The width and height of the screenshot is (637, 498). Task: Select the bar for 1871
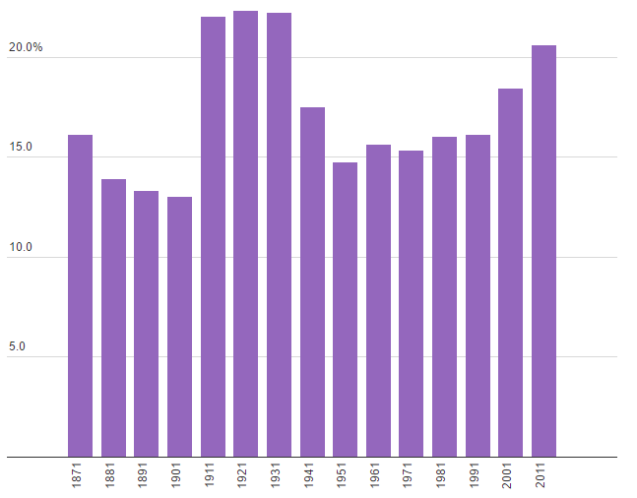[x=80, y=295]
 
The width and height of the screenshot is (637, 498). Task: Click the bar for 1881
[x=113, y=318]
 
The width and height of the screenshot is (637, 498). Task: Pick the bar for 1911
[x=213, y=236]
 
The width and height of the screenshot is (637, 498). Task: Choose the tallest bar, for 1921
[x=246, y=233]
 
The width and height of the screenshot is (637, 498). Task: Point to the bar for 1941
[x=312, y=281]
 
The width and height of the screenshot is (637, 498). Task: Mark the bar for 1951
[x=346, y=309]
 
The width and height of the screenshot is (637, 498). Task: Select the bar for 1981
[x=444, y=296]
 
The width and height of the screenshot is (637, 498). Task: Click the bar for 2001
[x=510, y=273]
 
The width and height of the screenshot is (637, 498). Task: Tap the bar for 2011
[x=543, y=251]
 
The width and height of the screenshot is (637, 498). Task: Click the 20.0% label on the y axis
[x=26, y=47]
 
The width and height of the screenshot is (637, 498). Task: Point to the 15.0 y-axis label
[x=21, y=148]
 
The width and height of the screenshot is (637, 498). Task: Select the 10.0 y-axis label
[x=21, y=247]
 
